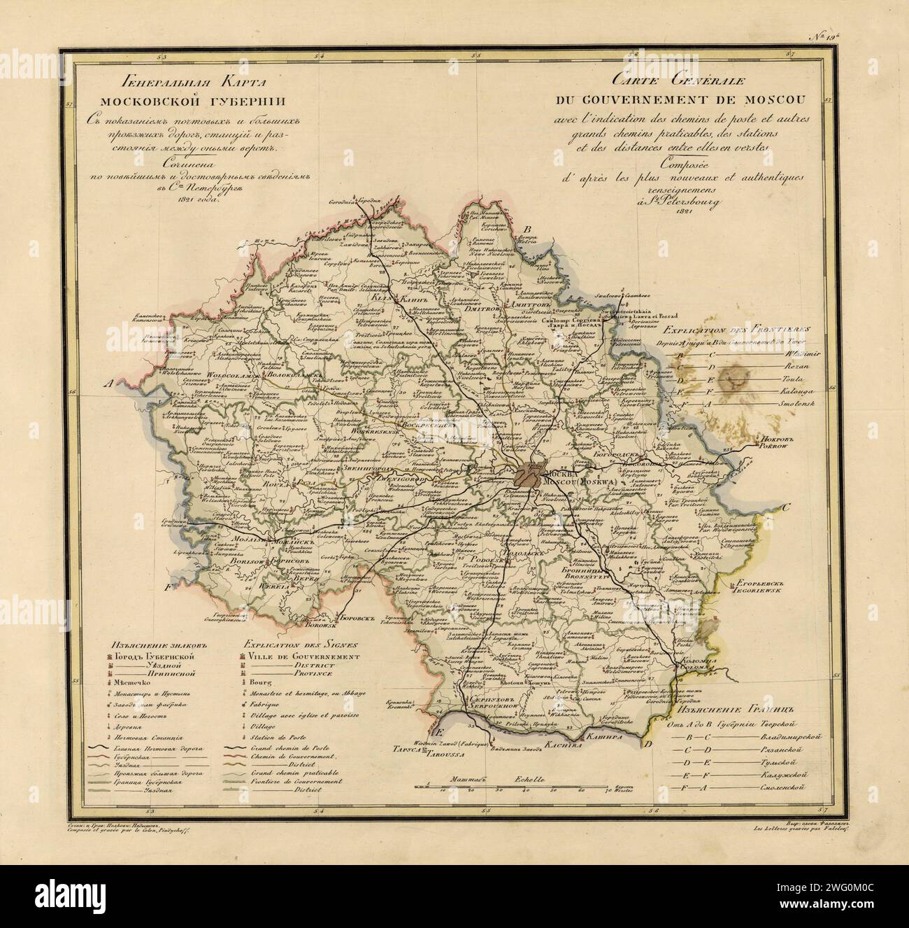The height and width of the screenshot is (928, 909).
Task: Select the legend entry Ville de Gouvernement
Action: coord(302,657)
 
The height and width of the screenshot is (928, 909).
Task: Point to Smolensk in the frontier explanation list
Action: coord(778,405)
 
